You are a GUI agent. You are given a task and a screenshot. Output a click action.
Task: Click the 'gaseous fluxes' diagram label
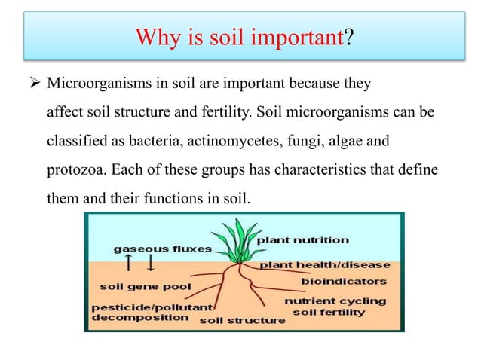163,248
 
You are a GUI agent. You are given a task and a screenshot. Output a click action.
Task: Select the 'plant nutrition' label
304,240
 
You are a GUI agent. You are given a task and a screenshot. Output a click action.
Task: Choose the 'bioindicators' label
344,281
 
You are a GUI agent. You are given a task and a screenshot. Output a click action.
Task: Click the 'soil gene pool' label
146,287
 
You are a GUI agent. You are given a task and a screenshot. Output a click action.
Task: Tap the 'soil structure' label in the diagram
242,321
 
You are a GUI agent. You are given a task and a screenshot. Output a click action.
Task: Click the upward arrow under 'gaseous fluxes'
129,263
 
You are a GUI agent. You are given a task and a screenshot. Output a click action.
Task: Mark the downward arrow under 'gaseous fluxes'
150,263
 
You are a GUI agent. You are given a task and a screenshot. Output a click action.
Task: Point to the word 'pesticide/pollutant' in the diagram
152,307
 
